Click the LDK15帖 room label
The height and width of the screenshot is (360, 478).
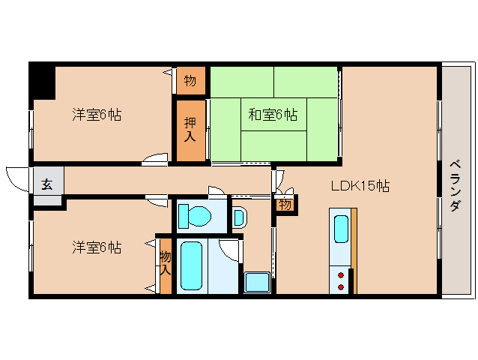click(x=360, y=186)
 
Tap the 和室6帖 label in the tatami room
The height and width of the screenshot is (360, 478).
click(x=273, y=115)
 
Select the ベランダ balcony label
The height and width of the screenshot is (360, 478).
click(x=455, y=185)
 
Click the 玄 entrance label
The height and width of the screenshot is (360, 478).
click(x=47, y=184)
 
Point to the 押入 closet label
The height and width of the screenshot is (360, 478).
click(x=190, y=130)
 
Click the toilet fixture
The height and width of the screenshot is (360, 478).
click(x=195, y=216)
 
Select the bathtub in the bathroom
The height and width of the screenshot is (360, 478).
click(x=191, y=265)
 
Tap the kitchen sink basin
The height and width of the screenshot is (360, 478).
click(x=342, y=229)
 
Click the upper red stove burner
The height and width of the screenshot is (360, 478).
click(x=341, y=275)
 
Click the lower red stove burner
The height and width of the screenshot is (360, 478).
click(x=341, y=287)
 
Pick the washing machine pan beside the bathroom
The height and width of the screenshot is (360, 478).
click(x=257, y=282)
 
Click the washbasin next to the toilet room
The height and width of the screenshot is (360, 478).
click(x=239, y=217)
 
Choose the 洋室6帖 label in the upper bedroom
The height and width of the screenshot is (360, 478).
click(x=97, y=115)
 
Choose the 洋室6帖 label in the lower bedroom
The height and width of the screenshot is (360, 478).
click(x=97, y=247)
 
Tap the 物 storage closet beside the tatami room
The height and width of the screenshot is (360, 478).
click(x=190, y=81)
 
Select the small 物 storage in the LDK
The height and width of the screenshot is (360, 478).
click(x=285, y=205)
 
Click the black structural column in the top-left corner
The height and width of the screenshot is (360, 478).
click(x=42, y=81)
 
